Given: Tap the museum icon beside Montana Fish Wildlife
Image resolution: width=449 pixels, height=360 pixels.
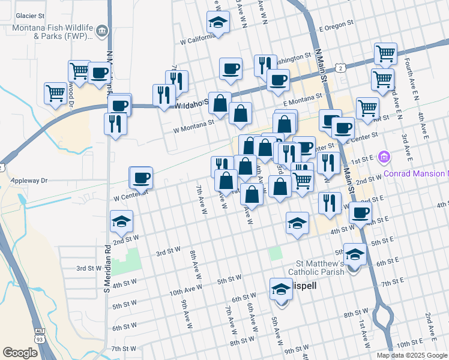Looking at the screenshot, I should (102, 31).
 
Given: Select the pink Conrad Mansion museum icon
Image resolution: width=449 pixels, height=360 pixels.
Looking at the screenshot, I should (385, 158).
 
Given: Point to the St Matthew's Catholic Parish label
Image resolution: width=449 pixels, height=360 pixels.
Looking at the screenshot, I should (312, 268).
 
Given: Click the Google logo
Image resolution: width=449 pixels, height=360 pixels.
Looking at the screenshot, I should (20, 353).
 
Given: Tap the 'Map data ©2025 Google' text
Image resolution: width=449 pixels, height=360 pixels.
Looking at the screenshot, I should (412, 355).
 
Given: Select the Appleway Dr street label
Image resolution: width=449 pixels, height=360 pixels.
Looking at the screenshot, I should (25, 180).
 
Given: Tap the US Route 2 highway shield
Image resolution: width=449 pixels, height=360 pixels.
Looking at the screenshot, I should (340, 69).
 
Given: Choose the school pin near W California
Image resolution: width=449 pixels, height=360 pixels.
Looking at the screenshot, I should (217, 23).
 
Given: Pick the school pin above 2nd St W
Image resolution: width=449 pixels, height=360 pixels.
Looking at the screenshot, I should (121, 221).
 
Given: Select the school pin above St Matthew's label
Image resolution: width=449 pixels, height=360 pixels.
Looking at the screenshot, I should (355, 254).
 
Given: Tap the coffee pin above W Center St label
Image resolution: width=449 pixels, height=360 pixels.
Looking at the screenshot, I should (142, 178).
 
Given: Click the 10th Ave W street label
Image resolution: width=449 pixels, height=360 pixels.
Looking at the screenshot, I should (184, 292).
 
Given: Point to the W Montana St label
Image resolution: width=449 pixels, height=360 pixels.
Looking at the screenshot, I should (193, 125).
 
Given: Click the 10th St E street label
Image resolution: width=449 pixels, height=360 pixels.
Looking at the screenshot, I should (411, 343).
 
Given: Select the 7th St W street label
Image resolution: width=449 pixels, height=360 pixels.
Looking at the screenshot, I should (124, 349).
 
